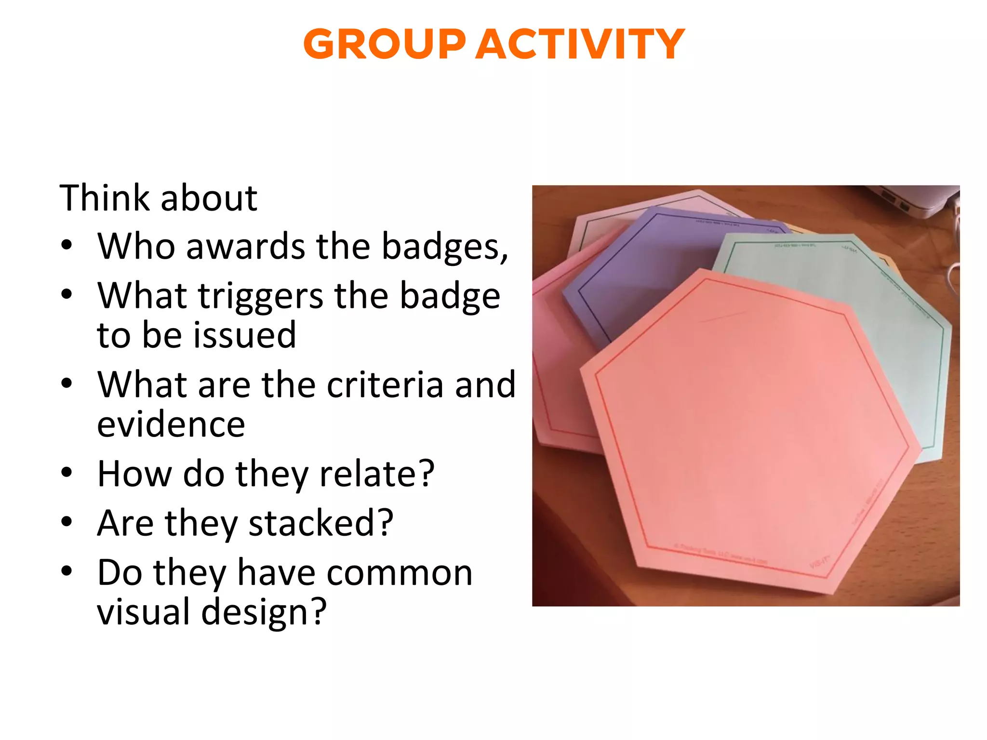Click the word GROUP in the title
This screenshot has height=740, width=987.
384,44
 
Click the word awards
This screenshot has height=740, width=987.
245,246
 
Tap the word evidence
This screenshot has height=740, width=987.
171,424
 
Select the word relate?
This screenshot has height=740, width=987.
377,474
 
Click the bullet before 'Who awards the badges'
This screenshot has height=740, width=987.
67,245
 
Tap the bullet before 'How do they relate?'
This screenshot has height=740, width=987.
67,473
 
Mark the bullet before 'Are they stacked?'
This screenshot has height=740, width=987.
67,522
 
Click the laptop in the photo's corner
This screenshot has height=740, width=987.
916,200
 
